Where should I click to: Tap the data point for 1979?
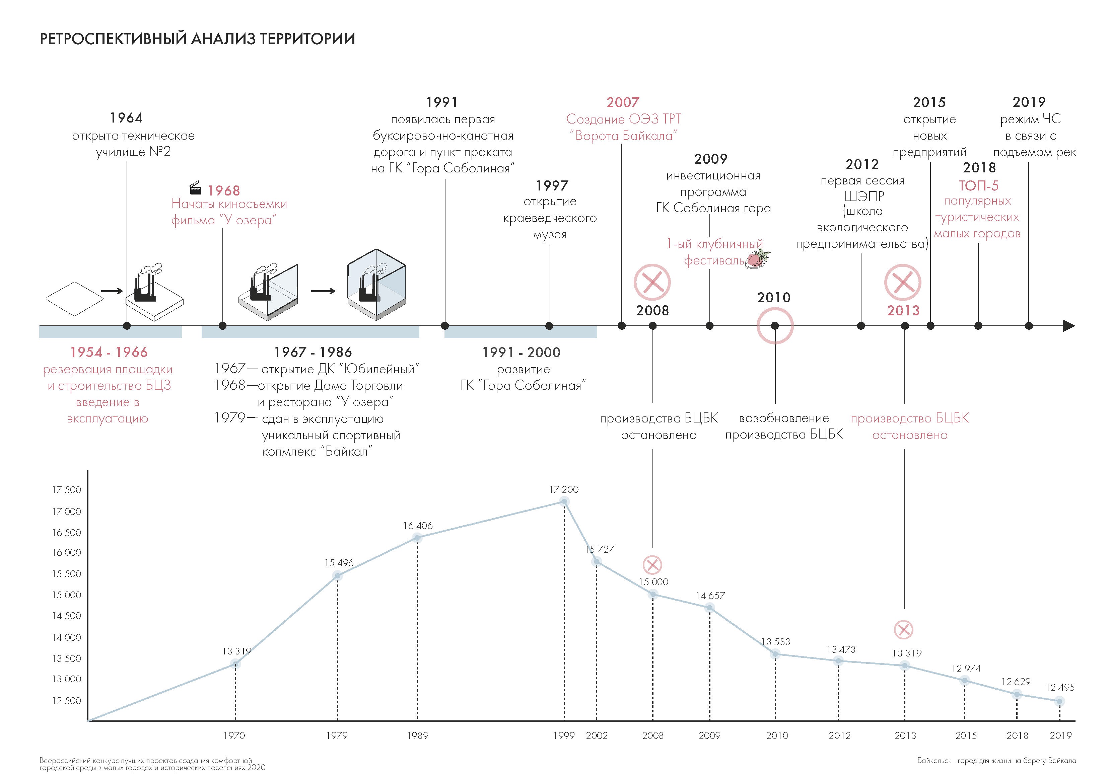[x=338, y=575]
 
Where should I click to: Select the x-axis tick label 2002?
[x=597, y=736]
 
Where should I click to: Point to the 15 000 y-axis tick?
[x=67, y=595]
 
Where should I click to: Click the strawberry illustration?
[x=758, y=259]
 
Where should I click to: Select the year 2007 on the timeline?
[x=623, y=102]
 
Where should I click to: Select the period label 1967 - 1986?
[x=313, y=352]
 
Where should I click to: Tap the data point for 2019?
[x=1059, y=701]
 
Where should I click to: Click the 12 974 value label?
[x=966, y=668]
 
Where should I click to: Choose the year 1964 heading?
[x=126, y=118]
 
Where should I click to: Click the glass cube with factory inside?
[x=376, y=285]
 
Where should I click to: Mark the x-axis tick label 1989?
[x=417, y=736]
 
